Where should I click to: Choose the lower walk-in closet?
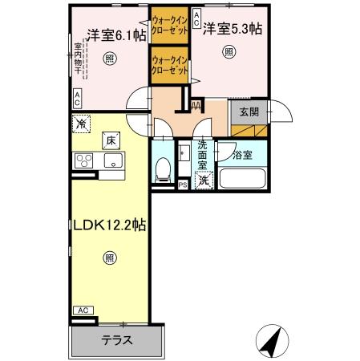pos(169,65)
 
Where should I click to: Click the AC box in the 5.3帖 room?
pos(196,25)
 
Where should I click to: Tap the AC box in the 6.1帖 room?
pos(77,99)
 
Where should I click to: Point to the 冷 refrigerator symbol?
pos(81,124)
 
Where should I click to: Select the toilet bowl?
pos(163,168)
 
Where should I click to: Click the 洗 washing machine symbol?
pos(204,180)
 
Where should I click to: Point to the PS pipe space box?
pos(182,185)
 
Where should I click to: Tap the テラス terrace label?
pos(117,340)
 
